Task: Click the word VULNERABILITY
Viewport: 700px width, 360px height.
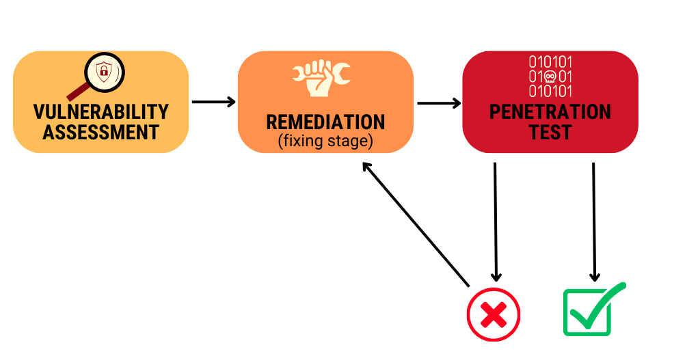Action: [x=101, y=111]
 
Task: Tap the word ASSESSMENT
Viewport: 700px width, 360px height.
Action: [x=101, y=132]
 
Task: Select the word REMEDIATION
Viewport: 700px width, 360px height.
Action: [x=325, y=122]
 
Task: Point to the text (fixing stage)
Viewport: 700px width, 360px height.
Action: [x=325, y=141]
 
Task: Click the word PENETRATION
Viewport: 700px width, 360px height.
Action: [x=550, y=111]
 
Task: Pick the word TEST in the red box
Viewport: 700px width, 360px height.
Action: [x=550, y=132]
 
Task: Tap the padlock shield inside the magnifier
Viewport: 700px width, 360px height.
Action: [x=104, y=71]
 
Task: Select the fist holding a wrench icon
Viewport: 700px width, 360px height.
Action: [x=321, y=79]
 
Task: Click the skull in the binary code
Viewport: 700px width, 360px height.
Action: [x=550, y=77]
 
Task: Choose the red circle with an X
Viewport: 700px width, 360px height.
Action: [x=494, y=314]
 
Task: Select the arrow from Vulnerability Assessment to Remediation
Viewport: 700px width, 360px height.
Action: [x=213, y=102]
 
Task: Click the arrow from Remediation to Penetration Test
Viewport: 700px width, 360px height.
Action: [x=439, y=104]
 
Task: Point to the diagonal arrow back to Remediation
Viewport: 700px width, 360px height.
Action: [x=416, y=224]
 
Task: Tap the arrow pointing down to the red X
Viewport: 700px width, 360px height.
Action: [x=496, y=222]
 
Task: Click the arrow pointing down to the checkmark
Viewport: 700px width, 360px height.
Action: [x=594, y=222]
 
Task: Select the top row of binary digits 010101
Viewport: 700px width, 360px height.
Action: [x=550, y=61]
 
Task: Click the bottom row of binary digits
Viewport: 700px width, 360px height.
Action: [x=550, y=91]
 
